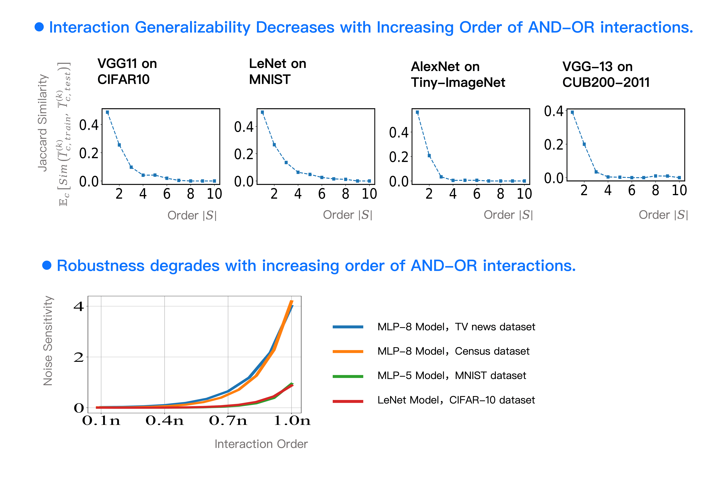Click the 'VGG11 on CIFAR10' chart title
click(x=127, y=71)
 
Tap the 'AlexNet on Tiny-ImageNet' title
click(x=458, y=74)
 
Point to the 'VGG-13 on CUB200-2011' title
click(x=606, y=74)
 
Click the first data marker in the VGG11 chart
click(x=107, y=112)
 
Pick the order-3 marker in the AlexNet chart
click(x=441, y=177)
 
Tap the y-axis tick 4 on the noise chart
click(x=78, y=307)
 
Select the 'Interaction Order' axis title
click(x=261, y=444)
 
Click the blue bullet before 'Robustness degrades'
click(x=47, y=265)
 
